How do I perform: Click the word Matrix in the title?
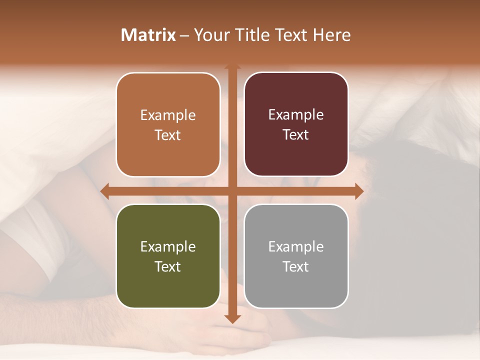tap(148, 35)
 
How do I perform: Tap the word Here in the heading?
tap(331, 35)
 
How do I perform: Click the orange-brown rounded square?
tap(168, 124)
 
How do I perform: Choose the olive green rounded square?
tap(168, 256)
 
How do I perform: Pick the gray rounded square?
tap(296, 256)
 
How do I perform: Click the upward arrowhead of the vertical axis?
tap(232, 66)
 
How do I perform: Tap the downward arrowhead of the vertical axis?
tap(232, 318)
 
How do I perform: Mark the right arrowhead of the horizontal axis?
tap(358, 191)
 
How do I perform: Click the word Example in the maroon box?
tap(296, 115)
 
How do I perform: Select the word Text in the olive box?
tap(167, 266)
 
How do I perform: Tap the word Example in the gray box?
tap(296, 246)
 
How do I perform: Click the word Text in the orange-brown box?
tap(167, 135)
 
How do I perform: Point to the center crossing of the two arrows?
tap(232, 191)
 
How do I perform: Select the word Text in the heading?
tap(292, 35)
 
